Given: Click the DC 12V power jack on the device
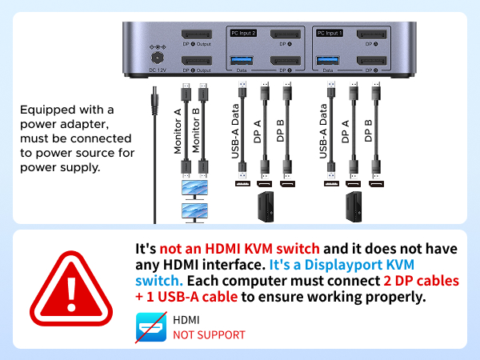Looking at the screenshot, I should tap(157, 57).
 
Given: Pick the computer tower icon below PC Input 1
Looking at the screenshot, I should tap(353, 206).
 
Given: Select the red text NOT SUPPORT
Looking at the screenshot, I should tap(209, 334).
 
